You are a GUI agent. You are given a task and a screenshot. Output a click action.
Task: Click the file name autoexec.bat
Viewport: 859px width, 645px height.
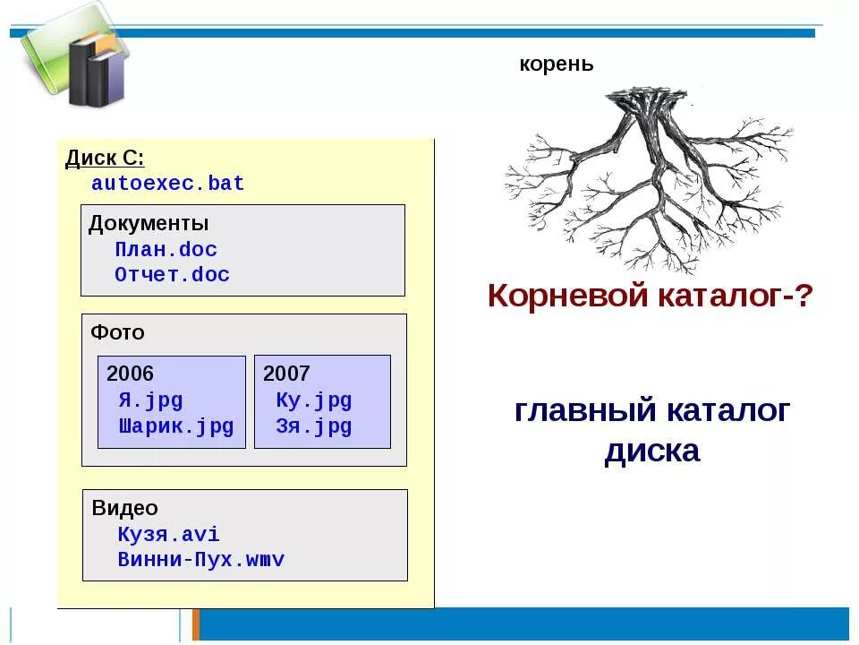coord(167,185)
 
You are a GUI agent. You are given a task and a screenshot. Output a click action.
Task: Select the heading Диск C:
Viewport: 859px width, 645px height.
coord(105,159)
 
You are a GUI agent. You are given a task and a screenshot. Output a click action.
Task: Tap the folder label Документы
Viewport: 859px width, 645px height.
coord(149,224)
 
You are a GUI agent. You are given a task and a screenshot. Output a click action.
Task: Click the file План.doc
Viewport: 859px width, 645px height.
coord(166,250)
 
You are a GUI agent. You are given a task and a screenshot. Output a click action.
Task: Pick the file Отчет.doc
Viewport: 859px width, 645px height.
coord(172,275)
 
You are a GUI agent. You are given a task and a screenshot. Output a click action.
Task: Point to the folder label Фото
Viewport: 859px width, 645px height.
coord(117,332)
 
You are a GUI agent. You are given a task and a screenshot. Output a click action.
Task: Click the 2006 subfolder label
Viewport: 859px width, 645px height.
coord(131,374)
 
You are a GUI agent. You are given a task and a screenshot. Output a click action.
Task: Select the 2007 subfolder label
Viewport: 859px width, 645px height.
coord(286,374)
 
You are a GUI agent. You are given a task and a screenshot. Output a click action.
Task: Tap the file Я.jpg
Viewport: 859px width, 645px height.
coord(150,400)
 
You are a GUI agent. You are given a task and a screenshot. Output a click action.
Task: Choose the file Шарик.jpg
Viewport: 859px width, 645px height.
coord(175,426)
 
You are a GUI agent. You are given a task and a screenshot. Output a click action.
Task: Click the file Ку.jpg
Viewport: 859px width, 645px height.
coord(313,400)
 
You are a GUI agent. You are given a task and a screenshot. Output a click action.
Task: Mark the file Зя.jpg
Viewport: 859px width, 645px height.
coord(313,426)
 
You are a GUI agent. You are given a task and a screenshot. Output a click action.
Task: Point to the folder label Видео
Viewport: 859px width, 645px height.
coord(124,509)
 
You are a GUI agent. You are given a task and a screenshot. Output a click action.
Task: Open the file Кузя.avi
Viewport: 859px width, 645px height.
coord(168,535)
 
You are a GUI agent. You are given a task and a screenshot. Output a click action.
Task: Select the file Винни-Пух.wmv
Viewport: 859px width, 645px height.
coord(200,561)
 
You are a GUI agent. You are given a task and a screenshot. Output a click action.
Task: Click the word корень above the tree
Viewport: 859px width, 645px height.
coord(557,64)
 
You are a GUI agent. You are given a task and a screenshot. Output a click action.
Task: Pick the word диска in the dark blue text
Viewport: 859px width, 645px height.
coord(651,451)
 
